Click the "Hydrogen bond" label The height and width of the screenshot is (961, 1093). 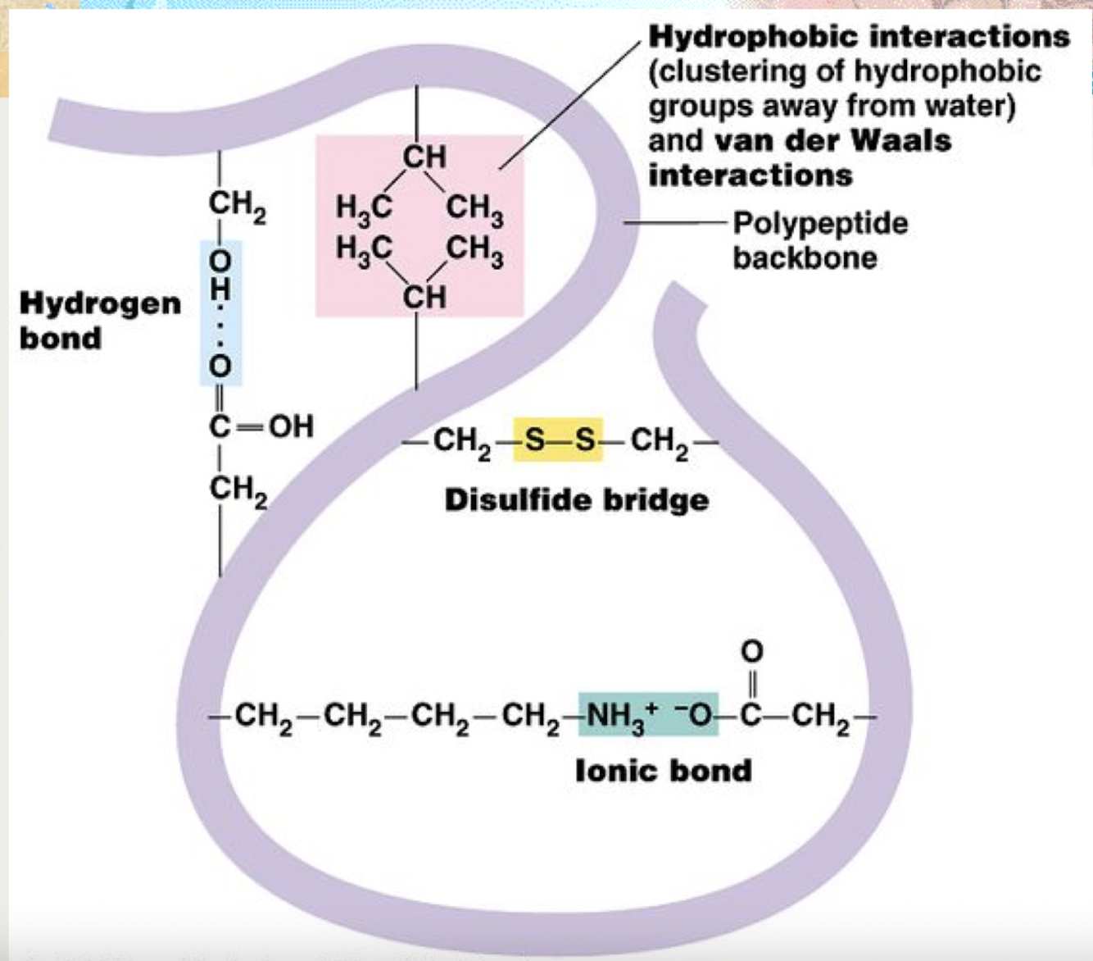[x=100, y=320]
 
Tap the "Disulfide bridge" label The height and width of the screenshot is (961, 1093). [x=576, y=499]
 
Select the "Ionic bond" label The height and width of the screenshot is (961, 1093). [x=663, y=770]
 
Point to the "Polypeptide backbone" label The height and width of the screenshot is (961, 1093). [x=819, y=239]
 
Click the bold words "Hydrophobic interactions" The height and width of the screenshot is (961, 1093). [x=859, y=37]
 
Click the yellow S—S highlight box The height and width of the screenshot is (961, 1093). [x=558, y=440]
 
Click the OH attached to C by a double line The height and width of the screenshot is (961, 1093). [x=291, y=426]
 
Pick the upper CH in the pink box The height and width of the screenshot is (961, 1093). [x=424, y=156]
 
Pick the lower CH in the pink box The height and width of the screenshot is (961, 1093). [x=424, y=296]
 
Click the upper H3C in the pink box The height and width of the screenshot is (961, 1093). [x=363, y=207]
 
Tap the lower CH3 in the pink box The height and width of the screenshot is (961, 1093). [x=475, y=249]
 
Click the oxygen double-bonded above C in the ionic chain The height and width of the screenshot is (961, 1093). [x=751, y=651]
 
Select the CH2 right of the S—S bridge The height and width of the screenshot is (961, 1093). [x=659, y=441]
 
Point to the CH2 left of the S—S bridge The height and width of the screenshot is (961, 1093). [x=461, y=441]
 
